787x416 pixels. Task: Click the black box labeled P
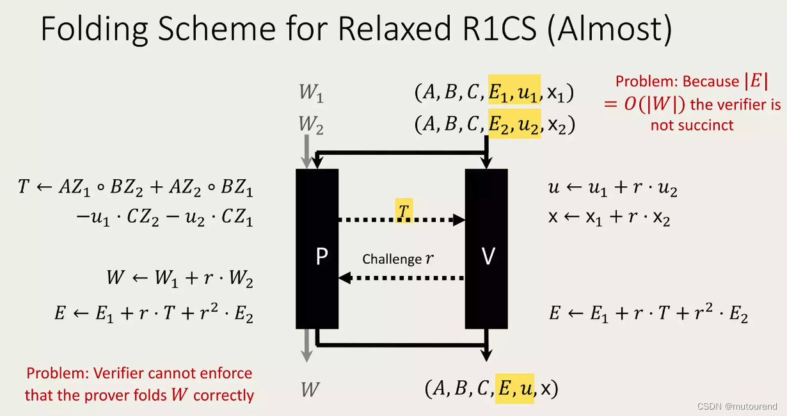[317, 249]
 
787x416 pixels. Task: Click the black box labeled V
[486, 249]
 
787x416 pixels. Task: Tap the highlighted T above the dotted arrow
[403, 210]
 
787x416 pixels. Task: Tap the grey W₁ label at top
[311, 93]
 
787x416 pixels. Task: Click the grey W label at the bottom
[310, 389]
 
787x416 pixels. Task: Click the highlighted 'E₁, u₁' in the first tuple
[514, 93]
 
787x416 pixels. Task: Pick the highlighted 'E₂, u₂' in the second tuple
[514, 124]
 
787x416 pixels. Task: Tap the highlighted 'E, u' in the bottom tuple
[514, 388]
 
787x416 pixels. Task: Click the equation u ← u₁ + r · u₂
[612, 189]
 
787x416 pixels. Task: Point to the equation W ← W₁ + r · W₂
[180, 279]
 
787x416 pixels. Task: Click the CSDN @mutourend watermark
[736, 406]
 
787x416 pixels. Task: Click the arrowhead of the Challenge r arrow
[344, 278]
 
